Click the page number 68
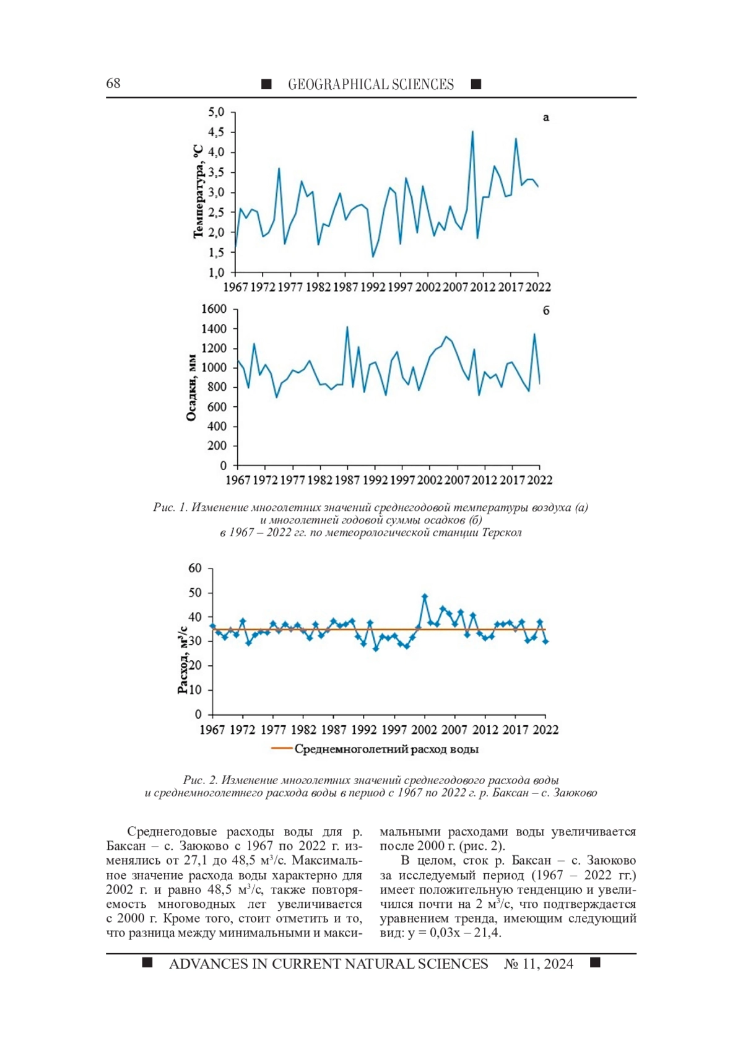click(113, 84)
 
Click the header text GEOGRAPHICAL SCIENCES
click(370, 85)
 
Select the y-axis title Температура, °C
click(198, 192)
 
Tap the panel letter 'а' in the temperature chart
click(545, 117)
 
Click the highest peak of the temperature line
click(472, 131)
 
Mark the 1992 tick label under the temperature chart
click(373, 287)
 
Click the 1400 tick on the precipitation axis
click(214, 329)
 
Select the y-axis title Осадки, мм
click(192, 388)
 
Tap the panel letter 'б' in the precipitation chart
click(546, 310)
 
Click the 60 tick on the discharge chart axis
click(195, 569)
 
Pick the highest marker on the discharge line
click(425, 596)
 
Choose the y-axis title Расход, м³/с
click(183, 660)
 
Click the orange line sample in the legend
click(281, 749)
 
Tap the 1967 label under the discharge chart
click(212, 730)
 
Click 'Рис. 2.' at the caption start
click(199, 780)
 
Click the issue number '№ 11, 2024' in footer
click(539, 964)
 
